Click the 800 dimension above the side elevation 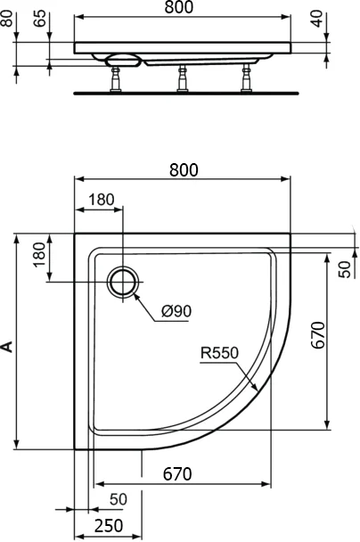182,8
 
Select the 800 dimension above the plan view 182,169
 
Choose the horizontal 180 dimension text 102,200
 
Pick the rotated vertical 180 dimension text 38,256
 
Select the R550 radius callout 218,353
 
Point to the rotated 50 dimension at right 345,267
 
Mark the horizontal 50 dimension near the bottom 119,498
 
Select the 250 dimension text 109,526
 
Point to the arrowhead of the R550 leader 258,390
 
